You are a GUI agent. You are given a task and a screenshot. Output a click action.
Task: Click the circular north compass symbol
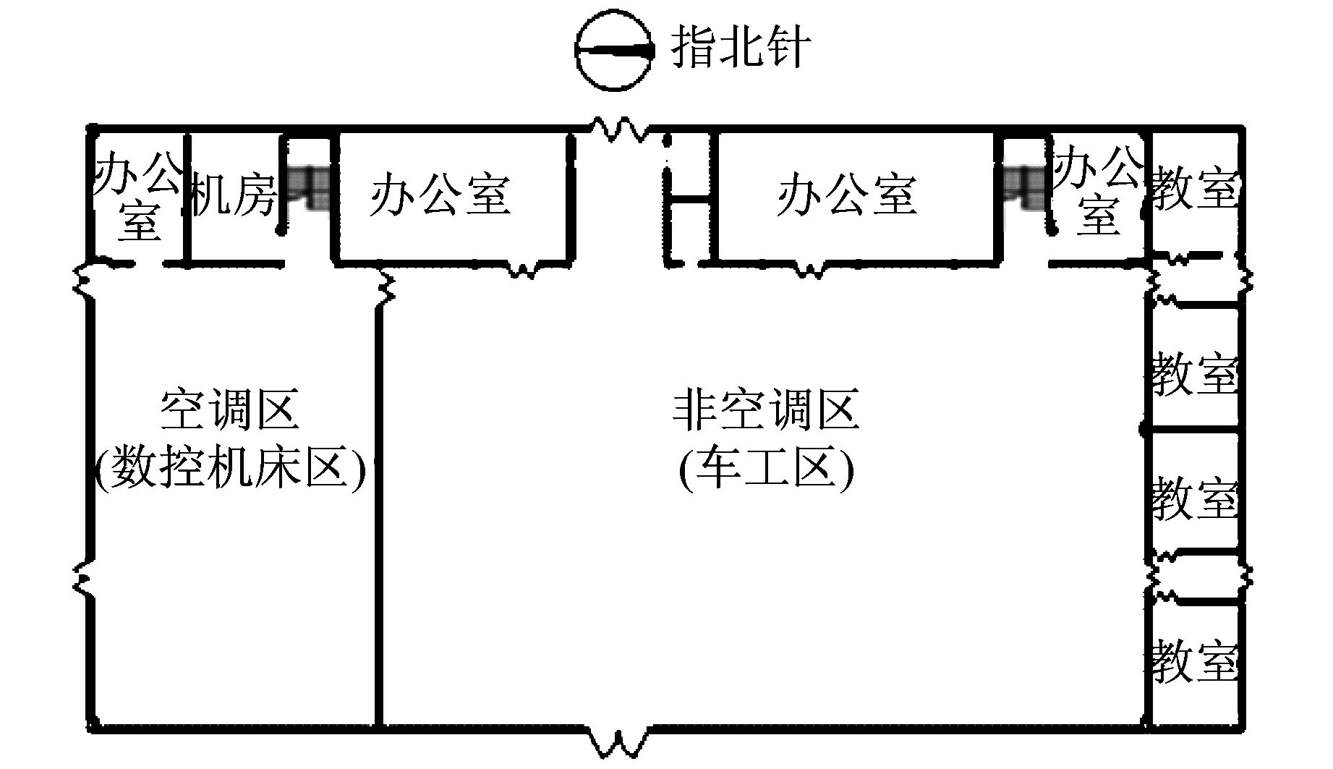point(614,51)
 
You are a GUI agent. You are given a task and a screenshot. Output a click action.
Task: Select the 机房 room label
point(234,195)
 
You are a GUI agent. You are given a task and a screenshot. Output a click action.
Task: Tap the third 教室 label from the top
point(1194,498)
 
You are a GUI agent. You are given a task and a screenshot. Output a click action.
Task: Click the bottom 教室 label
point(1194,660)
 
